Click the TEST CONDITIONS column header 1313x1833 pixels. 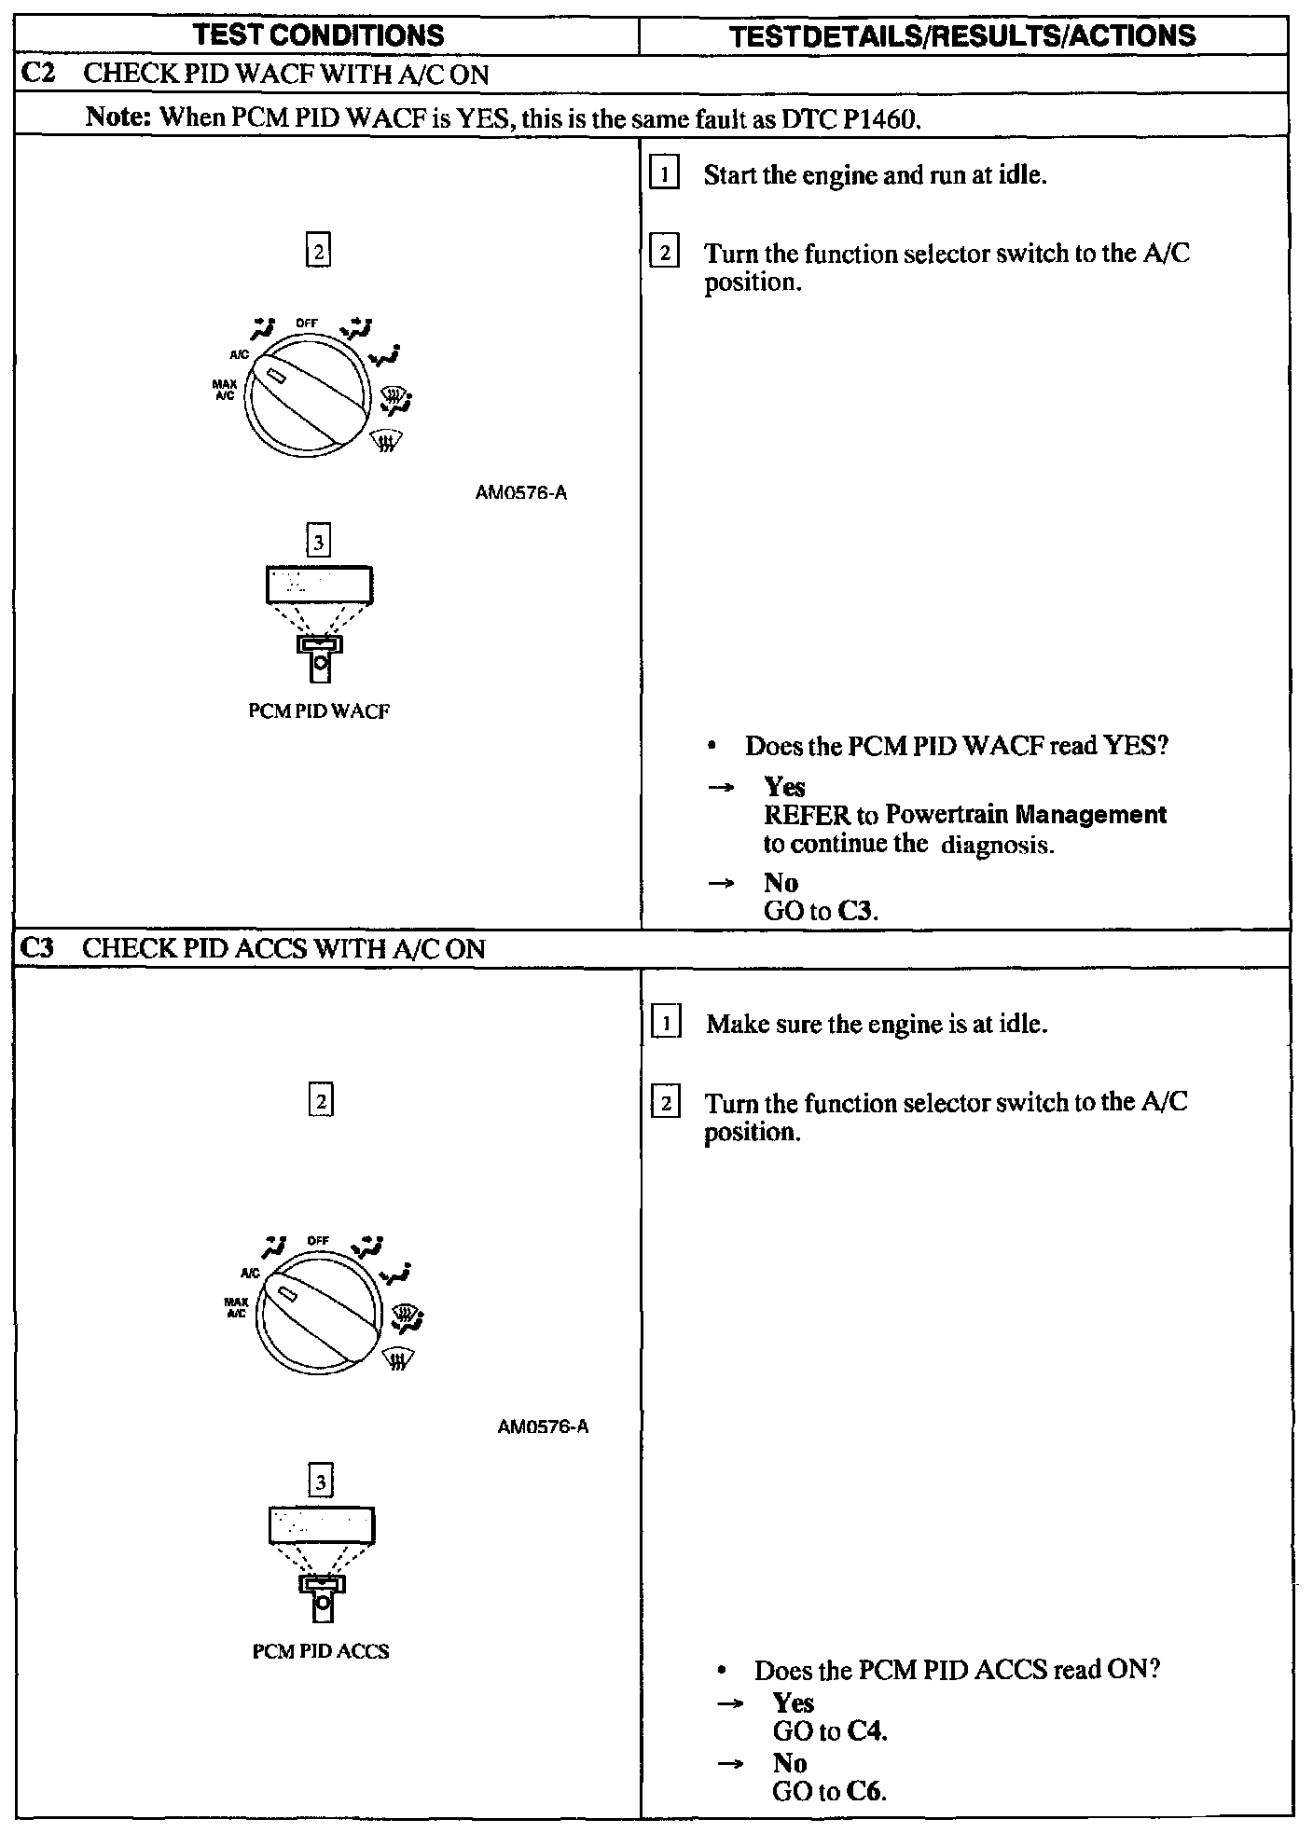click(318, 35)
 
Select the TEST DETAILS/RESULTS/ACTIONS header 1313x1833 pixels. click(961, 35)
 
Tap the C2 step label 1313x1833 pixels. click(38, 74)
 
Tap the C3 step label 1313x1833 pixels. click(38, 948)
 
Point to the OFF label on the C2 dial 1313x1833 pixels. click(307, 323)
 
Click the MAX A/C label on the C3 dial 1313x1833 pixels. click(236, 1307)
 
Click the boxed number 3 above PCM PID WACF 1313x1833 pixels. click(319, 542)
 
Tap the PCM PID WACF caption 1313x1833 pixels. click(319, 711)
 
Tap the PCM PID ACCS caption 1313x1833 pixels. click(321, 1651)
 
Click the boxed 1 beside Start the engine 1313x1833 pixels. click(663, 174)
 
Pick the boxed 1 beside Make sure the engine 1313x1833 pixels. click(666, 1024)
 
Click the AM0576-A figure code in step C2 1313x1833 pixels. click(521, 493)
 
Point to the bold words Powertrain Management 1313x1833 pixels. click(1026, 815)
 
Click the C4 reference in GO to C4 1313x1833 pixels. click(866, 1731)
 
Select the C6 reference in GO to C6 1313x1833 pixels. click(866, 1791)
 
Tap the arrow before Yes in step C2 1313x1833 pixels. click(721, 788)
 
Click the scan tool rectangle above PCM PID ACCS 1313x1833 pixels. click(322, 1526)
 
